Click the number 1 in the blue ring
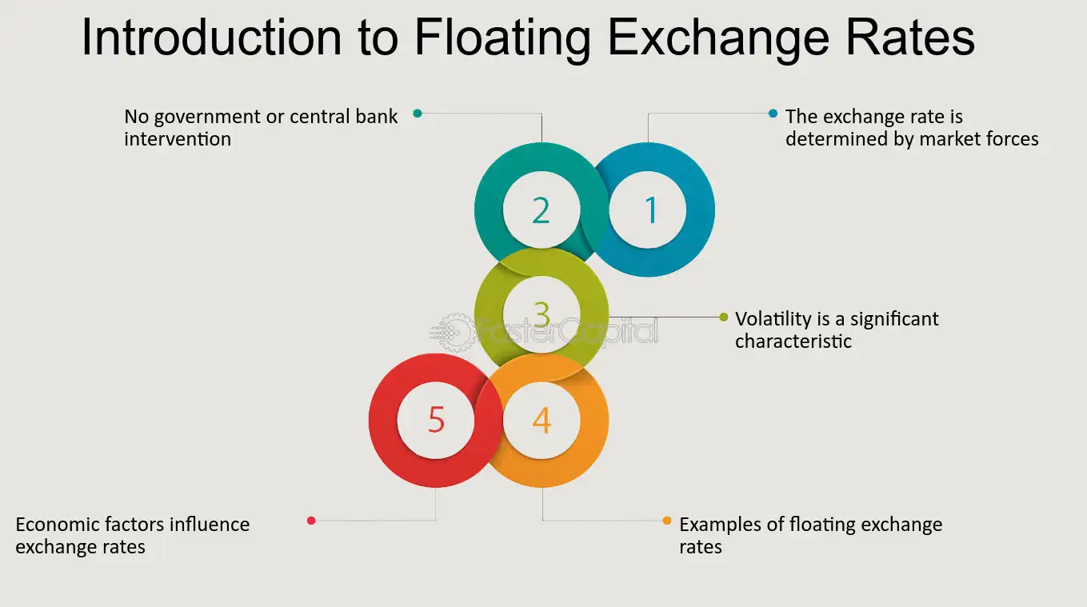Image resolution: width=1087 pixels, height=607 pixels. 651,210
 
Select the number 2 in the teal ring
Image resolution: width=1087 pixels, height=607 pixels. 542,210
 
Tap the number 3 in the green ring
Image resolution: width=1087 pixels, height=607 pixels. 542,314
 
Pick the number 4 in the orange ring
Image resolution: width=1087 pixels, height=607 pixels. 542,421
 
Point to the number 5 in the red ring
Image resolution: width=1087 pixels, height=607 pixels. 436,420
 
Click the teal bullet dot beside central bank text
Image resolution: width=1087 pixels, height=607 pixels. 418,114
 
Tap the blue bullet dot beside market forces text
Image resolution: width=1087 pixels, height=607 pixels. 773,114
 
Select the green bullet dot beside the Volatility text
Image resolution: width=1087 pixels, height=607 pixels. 724,317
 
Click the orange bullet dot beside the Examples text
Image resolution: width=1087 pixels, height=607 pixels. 667,521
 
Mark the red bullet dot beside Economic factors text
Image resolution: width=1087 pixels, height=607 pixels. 311,521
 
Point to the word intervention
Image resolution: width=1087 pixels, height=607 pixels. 178,139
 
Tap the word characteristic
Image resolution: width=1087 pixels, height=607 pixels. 793,341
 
